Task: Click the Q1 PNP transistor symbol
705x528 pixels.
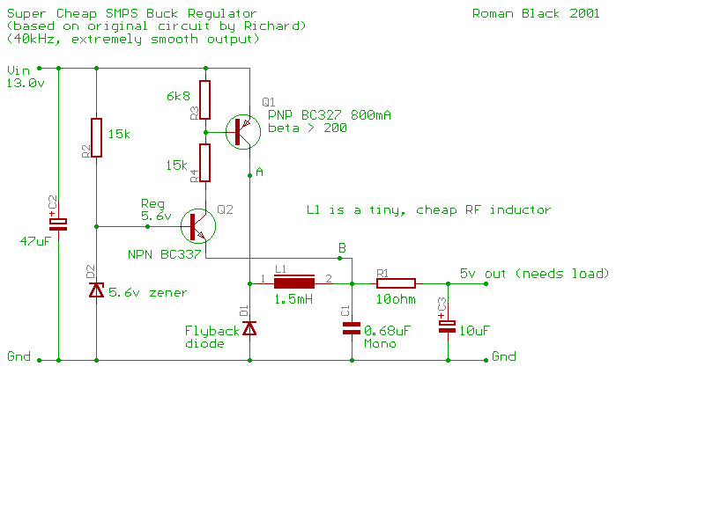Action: tap(243, 132)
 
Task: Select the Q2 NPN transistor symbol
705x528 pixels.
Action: tap(198, 226)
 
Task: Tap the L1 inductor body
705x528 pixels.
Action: tap(294, 282)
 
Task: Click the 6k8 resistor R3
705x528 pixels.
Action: tap(205, 100)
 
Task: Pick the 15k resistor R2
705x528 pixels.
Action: tap(97, 138)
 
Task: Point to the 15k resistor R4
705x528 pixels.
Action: tap(205, 163)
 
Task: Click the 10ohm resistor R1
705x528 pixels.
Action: tap(396, 283)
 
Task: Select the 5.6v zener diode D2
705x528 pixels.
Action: tap(97, 290)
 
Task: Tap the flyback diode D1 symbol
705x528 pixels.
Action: tap(249, 328)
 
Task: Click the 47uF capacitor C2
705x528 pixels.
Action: tap(58, 224)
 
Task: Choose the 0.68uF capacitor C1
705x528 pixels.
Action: tap(352, 328)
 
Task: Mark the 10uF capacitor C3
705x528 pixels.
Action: tap(448, 326)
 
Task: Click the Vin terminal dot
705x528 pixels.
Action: tap(39, 69)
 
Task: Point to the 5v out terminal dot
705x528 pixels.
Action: tap(486, 283)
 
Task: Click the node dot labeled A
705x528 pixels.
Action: tap(250, 175)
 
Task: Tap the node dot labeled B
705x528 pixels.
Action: tap(339, 258)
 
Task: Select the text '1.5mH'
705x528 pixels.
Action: tap(293, 299)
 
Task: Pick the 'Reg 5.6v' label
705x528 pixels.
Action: tap(156, 209)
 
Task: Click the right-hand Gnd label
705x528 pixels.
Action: tap(503, 356)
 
